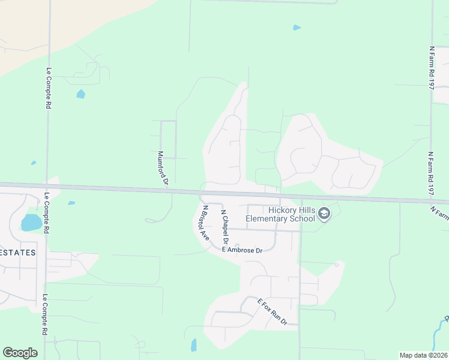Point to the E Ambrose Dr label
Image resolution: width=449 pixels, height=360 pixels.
coord(242,250)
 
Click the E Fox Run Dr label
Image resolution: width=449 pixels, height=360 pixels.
coord(273,312)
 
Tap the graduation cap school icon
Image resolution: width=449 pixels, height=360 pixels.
coord(324,214)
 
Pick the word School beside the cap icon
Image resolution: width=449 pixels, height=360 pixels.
coord(304,218)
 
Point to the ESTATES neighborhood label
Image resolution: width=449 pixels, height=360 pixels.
coord(17,253)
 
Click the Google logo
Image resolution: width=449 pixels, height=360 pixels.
coord(20,353)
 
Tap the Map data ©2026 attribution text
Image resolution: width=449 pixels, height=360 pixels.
coord(424,355)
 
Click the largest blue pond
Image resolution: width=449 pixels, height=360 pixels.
coord(31,223)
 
